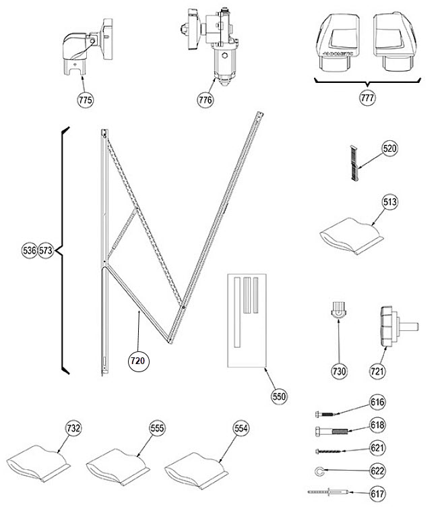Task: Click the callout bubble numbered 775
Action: [86, 100]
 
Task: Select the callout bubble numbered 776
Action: [205, 100]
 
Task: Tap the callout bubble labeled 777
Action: [367, 97]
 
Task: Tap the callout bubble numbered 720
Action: [138, 361]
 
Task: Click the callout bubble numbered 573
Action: [46, 251]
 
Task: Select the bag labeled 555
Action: [117, 464]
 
